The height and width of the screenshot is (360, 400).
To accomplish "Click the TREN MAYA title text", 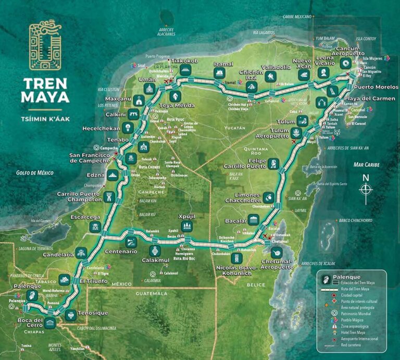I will tap(45, 90).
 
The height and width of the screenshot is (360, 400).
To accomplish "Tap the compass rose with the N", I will tap(366, 188).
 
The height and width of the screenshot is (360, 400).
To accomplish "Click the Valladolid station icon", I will tap(270, 77).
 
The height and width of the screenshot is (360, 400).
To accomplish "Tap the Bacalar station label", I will tap(235, 221).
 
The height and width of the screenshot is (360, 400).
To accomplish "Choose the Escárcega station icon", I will tap(94, 227).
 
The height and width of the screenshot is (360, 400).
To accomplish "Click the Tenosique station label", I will tap(93, 313).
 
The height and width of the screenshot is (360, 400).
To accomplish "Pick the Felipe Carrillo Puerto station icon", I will tap(274, 164).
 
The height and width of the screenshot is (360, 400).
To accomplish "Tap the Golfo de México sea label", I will tap(35, 173).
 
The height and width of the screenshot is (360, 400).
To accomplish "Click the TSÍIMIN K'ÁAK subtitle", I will tap(45, 118).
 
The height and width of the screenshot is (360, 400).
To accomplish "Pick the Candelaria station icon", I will tap(81, 253).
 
